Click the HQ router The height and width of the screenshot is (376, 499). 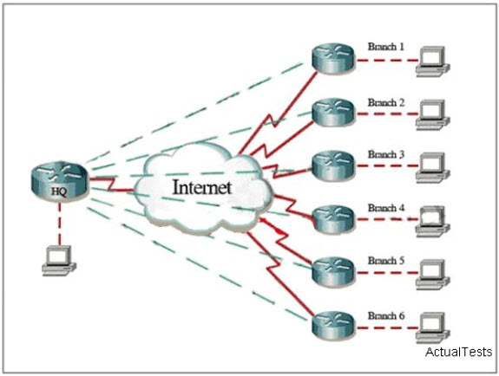click(x=59, y=181)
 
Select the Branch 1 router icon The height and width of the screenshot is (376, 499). click(x=333, y=59)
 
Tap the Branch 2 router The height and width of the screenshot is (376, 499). click(x=333, y=113)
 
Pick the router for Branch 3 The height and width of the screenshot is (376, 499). click(x=333, y=166)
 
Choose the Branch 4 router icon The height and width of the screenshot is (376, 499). click(x=333, y=220)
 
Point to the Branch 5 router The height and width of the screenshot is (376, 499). click(x=333, y=272)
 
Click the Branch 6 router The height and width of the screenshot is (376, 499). click(x=333, y=326)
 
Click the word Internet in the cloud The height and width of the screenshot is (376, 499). click(x=201, y=187)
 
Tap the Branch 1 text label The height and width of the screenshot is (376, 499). click(x=385, y=47)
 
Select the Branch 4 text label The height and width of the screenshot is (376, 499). click(x=385, y=208)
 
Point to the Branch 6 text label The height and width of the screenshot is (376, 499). click(x=386, y=316)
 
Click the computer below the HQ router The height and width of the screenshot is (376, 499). click(x=59, y=261)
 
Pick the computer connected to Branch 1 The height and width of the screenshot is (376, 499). click(x=433, y=62)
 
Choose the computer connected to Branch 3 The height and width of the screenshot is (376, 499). click(x=433, y=168)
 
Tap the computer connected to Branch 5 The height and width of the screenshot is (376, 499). click(x=433, y=275)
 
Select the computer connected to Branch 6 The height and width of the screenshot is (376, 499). click(x=433, y=327)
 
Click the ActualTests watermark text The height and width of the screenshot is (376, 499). click(x=458, y=352)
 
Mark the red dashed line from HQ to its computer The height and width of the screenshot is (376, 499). click(x=59, y=224)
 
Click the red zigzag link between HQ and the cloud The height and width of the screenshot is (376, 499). click(x=111, y=185)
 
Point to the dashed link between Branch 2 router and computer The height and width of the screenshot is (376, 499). click(x=386, y=113)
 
